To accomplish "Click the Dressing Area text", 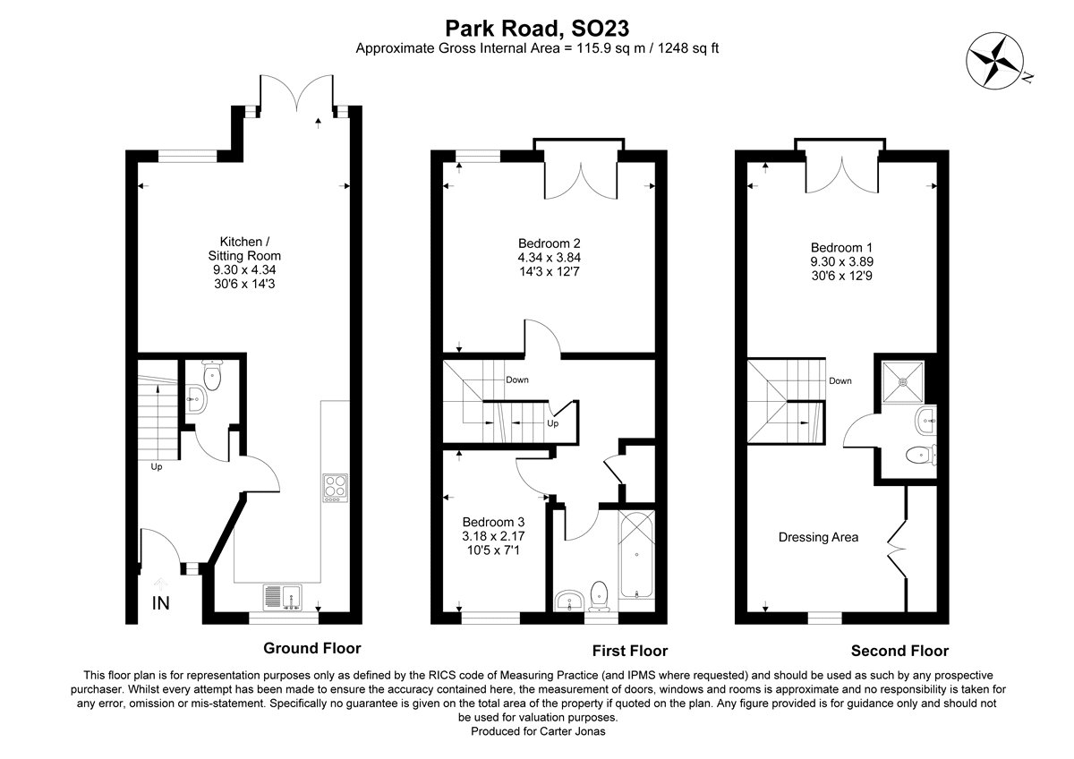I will coord(818,537).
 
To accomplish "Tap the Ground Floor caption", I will coord(311,648).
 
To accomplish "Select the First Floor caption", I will coord(629,651).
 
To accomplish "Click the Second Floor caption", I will coord(899,651).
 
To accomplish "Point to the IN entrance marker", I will coord(161,604).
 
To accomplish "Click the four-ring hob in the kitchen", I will coord(335,488).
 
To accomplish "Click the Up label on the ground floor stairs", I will coord(157,466).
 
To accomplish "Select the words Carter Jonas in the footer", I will coord(568,731).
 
